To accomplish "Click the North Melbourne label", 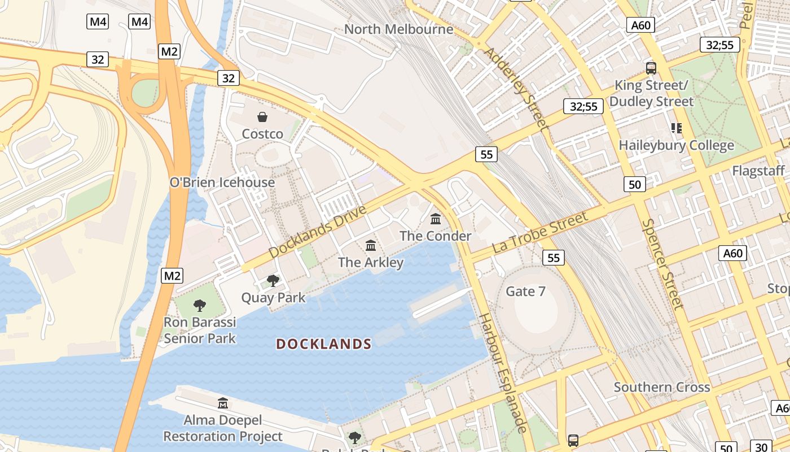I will coord(398,29).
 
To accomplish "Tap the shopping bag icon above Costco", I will coord(262,117).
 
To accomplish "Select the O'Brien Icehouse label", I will coord(222,182).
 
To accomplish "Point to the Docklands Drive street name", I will coord(317,232).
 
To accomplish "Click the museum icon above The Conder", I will coord(436,219).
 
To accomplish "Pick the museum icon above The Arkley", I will coord(371,245).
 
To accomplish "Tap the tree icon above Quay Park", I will coord(273,280).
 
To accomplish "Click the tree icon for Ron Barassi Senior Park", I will coord(199,306).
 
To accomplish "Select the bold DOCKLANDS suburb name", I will coord(324,344).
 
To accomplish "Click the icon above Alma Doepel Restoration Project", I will coord(223,403).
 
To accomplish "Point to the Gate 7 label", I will coord(525,292).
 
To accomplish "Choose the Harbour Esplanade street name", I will coord(503,373).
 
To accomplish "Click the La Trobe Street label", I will coord(541,232).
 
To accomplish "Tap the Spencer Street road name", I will coord(662,264).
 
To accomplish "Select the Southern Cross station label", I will coord(662,388).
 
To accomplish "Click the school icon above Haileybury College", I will coord(676,128).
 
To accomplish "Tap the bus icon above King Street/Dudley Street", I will coord(651,68).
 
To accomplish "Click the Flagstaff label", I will coord(758,171).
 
